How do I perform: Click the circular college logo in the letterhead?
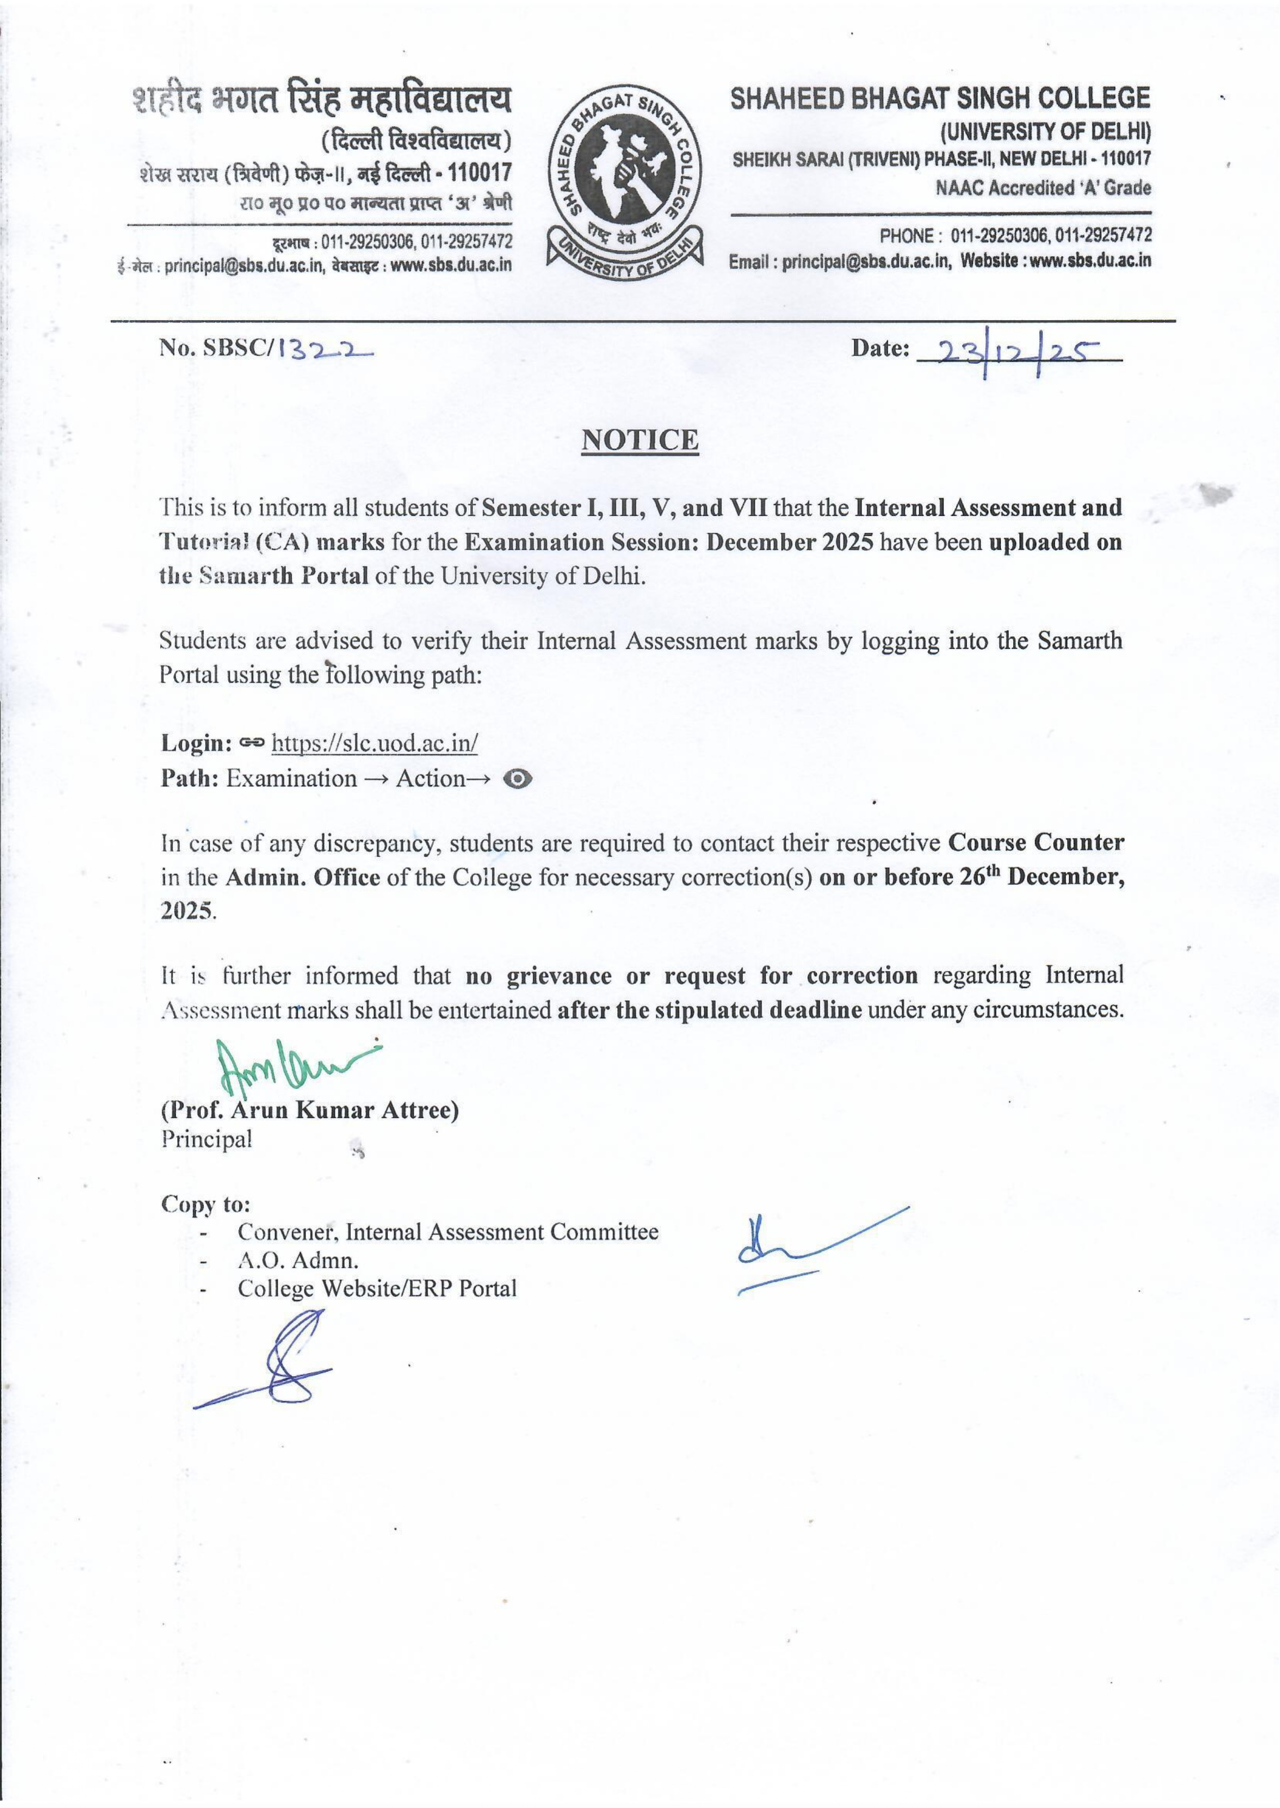coord(624,183)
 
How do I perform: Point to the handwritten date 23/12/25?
coord(1017,353)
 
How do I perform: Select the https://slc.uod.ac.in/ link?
coord(375,743)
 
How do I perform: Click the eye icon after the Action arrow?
coord(517,779)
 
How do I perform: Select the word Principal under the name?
coord(207,1139)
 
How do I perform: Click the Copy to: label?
coord(206,1204)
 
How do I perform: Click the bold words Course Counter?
coord(1036,842)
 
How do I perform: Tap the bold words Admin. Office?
coord(302,877)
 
